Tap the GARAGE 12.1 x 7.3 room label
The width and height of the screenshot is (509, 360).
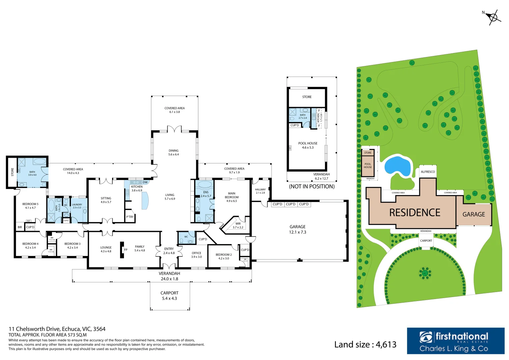(x=297, y=229)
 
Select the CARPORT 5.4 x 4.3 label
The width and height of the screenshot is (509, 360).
(x=169, y=296)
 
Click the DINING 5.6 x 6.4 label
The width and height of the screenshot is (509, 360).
(x=173, y=152)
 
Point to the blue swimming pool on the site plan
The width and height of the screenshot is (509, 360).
(x=397, y=166)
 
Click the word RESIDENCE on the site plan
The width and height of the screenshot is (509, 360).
(x=415, y=213)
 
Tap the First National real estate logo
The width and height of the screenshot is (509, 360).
(x=455, y=341)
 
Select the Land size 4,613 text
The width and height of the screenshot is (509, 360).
(x=365, y=345)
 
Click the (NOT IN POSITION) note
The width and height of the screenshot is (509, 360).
(x=312, y=187)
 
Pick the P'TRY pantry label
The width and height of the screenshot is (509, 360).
(x=130, y=217)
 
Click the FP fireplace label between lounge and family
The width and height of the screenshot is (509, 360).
(x=126, y=250)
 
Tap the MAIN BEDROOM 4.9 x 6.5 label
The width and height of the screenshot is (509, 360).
(x=232, y=197)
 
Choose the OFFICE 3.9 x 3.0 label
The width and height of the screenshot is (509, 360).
(x=196, y=255)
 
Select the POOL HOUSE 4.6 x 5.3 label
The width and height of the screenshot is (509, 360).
(x=308, y=145)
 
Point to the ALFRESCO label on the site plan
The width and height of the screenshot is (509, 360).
(x=428, y=172)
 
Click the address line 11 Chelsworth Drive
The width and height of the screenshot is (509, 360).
(x=57, y=329)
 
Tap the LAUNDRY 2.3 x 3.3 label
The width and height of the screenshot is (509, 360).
(x=77, y=206)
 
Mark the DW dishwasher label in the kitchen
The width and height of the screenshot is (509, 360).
(x=145, y=182)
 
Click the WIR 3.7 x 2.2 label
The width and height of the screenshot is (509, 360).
(x=238, y=225)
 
